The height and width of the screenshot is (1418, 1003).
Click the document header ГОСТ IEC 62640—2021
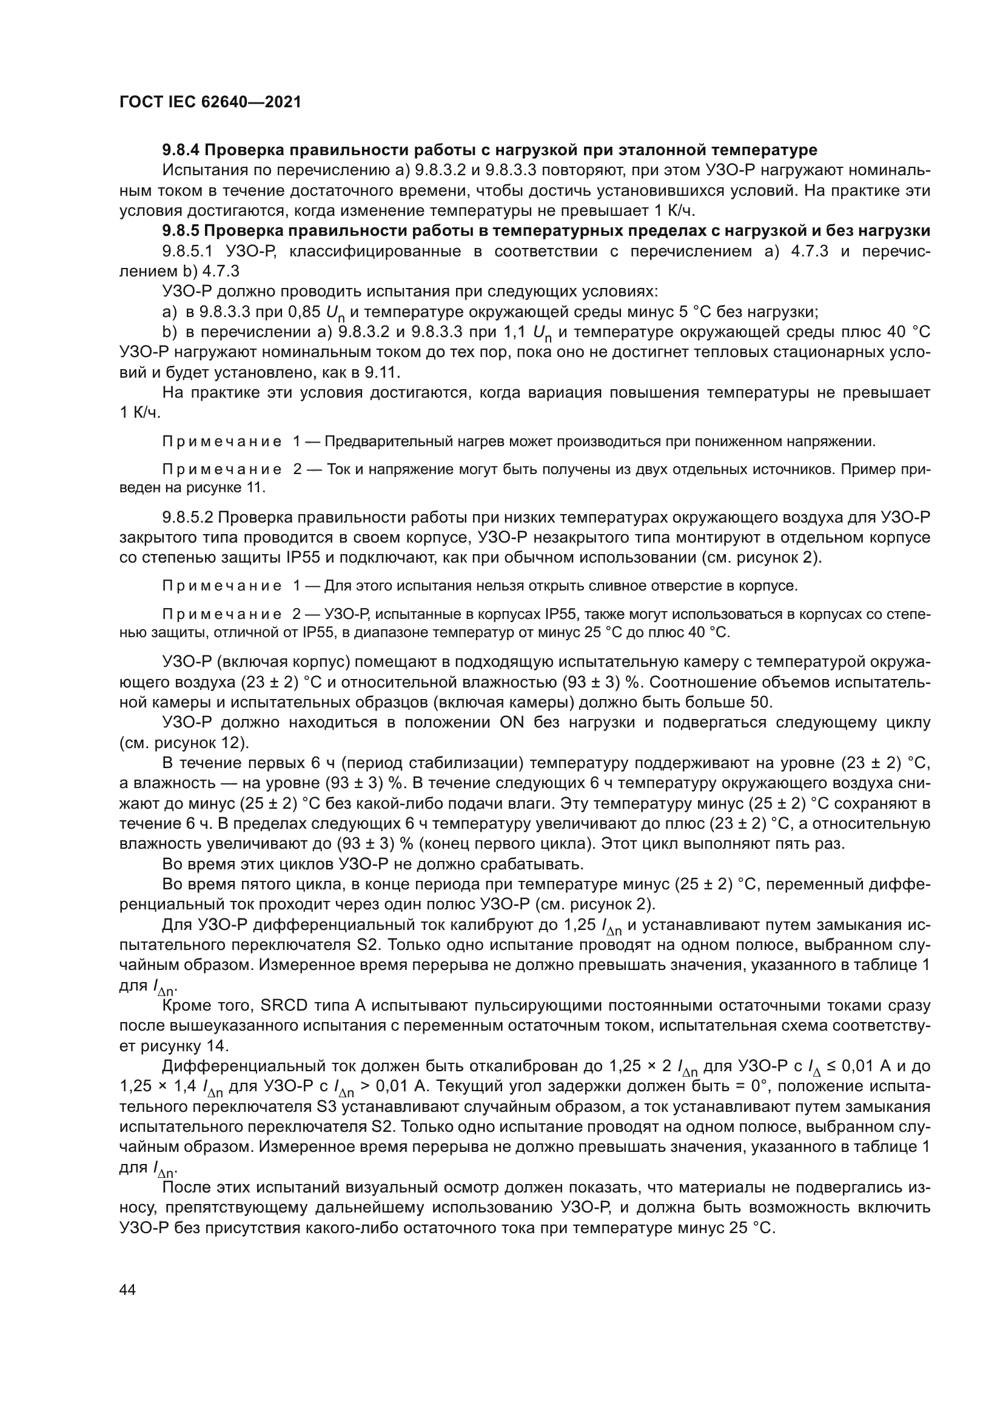click(210, 102)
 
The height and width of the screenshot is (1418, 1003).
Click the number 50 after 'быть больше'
click(760, 703)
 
